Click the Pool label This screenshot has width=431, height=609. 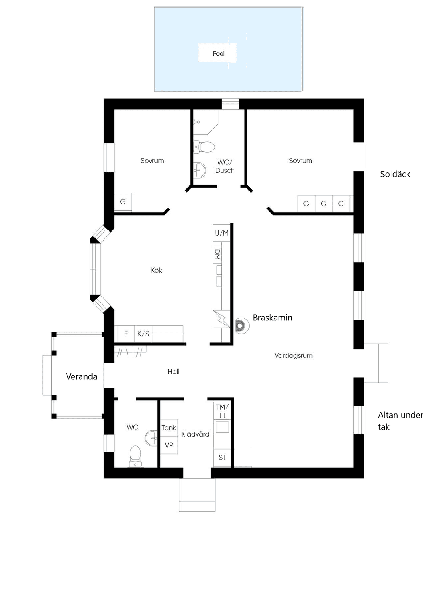point(218,53)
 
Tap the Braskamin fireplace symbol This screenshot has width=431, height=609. point(242,326)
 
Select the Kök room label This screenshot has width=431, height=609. point(157,270)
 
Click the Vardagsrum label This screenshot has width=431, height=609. point(293,356)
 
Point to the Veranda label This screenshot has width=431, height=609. point(82,376)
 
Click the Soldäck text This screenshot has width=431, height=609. point(395,174)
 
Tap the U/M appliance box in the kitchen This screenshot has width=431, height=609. point(221,233)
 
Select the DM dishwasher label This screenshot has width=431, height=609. point(217,254)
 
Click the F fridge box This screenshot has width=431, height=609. point(126,334)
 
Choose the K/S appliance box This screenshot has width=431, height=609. point(144,334)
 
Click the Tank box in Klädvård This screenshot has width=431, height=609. point(169,428)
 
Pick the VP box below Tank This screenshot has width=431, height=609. point(169,445)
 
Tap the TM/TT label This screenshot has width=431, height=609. point(222,411)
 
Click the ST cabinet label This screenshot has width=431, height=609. point(222,458)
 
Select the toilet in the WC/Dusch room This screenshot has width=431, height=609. point(204,147)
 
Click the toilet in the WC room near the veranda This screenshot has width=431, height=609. point(135,456)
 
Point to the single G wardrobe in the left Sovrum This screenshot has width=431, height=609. point(123,202)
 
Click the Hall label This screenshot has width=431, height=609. point(173,372)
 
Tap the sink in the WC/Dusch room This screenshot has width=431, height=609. point(200,170)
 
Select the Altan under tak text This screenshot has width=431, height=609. point(401,421)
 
